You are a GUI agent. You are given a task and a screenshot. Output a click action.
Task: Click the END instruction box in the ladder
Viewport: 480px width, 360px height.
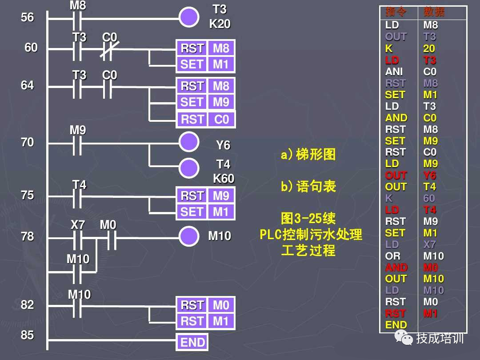[x=192, y=342]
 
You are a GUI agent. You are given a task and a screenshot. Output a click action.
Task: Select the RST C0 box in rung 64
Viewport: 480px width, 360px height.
[x=205, y=120]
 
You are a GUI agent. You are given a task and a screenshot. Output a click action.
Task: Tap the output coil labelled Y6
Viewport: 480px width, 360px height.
[x=189, y=142]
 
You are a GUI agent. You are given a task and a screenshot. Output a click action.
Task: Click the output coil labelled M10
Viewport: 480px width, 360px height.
[x=189, y=236]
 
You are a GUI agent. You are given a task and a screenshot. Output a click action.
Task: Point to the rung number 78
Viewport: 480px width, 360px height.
[x=28, y=236]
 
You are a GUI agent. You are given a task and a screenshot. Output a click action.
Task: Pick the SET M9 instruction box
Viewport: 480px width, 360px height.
[x=205, y=102]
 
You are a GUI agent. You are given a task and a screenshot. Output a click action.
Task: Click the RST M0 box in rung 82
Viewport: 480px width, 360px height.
[x=205, y=305]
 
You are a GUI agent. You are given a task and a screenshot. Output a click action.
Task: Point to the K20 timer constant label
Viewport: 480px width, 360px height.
[x=220, y=24]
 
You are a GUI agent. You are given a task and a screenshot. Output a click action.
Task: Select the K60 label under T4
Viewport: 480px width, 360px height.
[x=223, y=178]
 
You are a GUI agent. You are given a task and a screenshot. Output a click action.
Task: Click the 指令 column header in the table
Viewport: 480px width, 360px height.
[x=396, y=12]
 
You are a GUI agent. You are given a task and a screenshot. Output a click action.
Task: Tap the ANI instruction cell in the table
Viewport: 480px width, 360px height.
[x=394, y=72]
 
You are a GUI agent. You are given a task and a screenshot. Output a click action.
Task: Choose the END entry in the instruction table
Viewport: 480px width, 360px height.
[x=396, y=325]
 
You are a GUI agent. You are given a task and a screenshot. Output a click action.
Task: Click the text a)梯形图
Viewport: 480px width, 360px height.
[x=308, y=155]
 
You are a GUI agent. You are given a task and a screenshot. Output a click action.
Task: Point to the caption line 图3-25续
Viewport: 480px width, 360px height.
[x=308, y=219]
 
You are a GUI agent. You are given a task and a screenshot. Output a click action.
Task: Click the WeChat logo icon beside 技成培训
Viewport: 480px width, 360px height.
[x=406, y=339]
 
